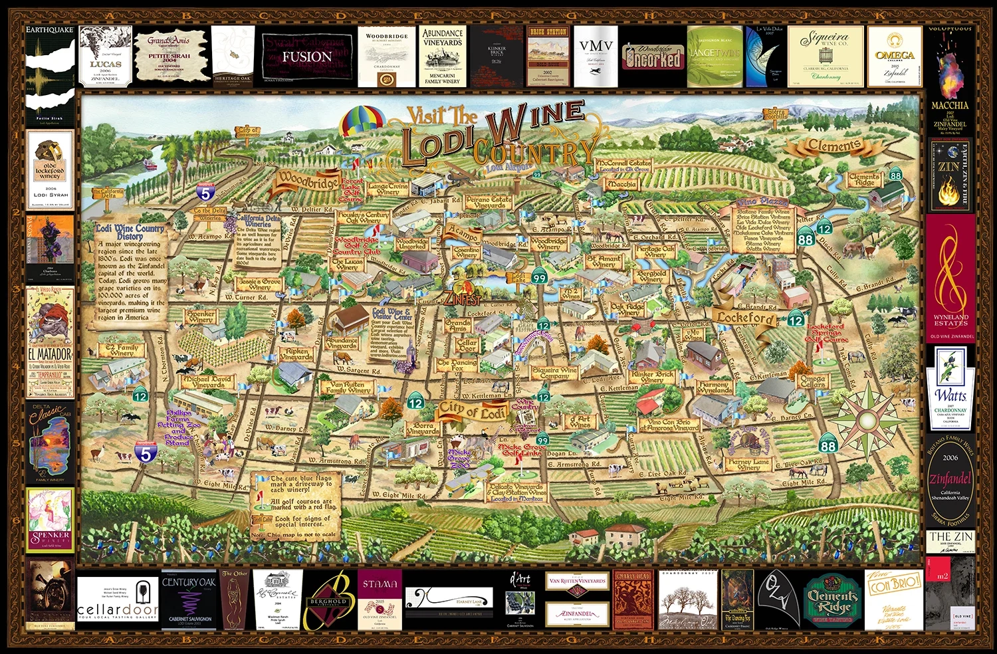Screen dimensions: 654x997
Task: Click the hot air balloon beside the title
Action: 363,121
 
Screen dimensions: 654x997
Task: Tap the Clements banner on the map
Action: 834,146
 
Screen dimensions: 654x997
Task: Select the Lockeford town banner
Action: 745,318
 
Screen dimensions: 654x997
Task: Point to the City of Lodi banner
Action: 471,410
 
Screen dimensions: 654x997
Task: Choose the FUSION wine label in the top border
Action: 306,56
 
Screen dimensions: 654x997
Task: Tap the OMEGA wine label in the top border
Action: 895,56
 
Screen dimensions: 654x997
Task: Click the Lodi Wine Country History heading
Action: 130,231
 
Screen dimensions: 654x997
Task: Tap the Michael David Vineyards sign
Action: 208,381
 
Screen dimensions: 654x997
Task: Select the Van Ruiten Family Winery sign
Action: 348,387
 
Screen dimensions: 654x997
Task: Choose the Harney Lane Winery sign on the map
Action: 748,464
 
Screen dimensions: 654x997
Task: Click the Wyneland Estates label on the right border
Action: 950,279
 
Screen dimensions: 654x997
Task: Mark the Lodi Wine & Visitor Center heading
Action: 391,314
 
